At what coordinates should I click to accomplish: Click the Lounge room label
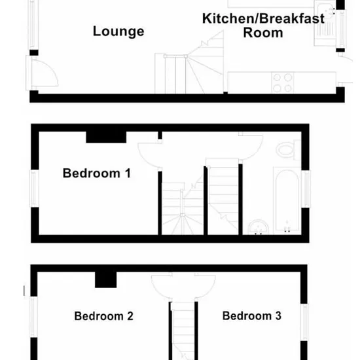(x=118, y=31)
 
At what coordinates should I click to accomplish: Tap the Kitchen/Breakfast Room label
(x=263, y=26)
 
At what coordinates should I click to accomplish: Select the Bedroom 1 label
(x=97, y=173)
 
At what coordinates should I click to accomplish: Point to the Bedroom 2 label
(x=103, y=316)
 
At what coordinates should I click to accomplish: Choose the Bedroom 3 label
(x=251, y=315)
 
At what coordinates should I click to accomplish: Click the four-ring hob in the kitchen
(x=282, y=82)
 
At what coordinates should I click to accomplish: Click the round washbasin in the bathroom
(x=259, y=227)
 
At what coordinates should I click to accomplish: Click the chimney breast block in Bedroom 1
(x=106, y=137)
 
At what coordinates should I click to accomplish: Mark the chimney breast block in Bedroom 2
(x=106, y=279)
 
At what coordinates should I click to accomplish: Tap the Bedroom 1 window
(x=34, y=189)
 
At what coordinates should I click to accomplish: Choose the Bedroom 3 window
(x=304, y=322)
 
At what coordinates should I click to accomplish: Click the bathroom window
(x=306, y=189)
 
